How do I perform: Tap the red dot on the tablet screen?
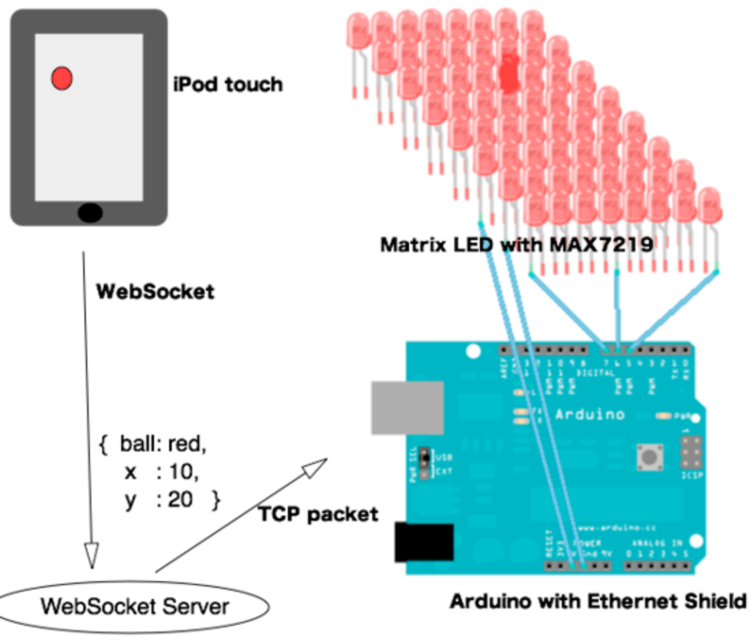click(62, 78)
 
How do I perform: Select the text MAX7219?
click(601, 245)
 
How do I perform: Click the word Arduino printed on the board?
click(590, 414)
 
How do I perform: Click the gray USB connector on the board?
click(407, 407)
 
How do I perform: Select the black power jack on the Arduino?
click(424, 542)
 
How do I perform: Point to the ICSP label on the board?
click(692, 475)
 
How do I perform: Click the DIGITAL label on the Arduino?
click(595, 373)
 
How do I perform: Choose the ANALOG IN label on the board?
click(657, 543)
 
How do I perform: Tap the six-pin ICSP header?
click(691, 454)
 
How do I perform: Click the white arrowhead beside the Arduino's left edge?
click(314, 469)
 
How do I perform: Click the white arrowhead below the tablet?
click(91, 553)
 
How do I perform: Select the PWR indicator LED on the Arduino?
click(663, 415)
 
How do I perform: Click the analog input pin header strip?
click(657, 565)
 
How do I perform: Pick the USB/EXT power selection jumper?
click(425, 464)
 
